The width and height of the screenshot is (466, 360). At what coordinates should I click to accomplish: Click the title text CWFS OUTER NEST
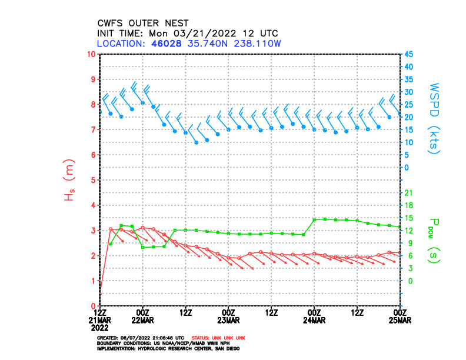click(x=143, y=23)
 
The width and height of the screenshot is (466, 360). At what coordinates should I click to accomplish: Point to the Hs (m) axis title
click(x=69, y=181)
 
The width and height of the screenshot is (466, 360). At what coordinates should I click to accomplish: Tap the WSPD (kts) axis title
click(x=434, y=119)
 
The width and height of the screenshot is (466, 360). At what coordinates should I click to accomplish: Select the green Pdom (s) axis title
click(x=434, y=239)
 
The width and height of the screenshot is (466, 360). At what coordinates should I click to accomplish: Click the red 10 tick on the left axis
click(x=91, y=54)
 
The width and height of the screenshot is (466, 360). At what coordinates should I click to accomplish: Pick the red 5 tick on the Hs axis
click(x=93, y=180)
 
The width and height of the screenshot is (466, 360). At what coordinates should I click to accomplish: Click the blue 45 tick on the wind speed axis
click(x=408, y=54)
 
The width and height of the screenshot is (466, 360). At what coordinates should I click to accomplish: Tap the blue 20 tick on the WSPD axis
click(x=408, y=117)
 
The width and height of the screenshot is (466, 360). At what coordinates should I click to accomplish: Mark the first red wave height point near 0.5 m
click(x=101, y=293)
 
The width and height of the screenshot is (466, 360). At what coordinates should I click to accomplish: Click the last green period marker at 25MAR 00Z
click(x=400, y=226)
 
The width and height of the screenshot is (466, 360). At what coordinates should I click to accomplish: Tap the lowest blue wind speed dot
click(x=197, y=142)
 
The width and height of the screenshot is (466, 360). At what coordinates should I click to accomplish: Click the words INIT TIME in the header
click(x=119, y=33)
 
